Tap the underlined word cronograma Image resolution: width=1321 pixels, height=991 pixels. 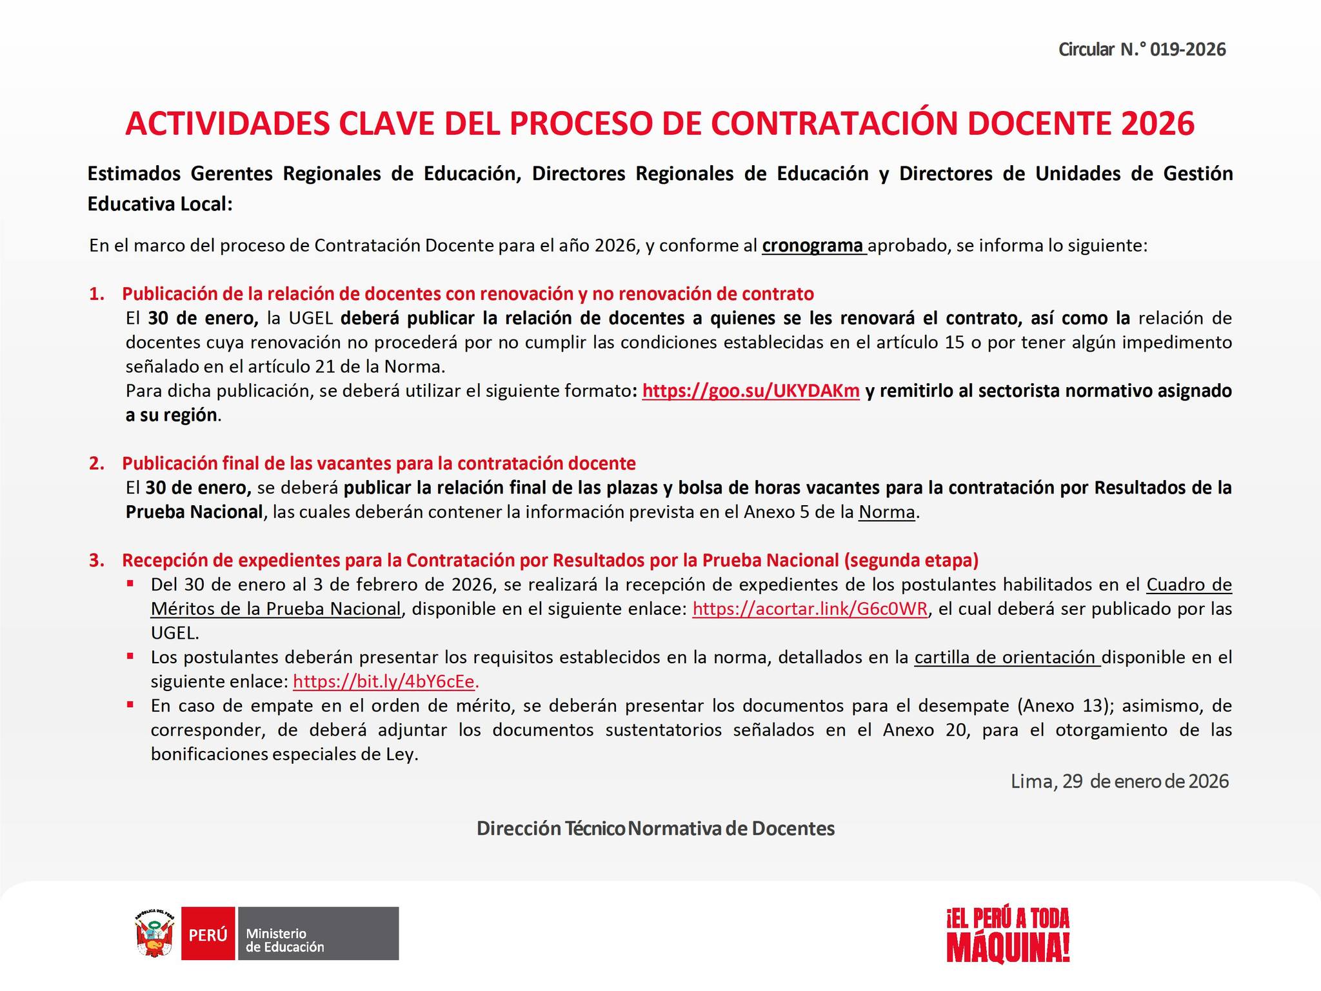(x=813, y=246)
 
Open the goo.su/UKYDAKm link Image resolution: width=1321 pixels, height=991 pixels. (x=751, y=391)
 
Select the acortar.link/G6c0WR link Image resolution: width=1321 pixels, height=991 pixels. (x=809, y=609)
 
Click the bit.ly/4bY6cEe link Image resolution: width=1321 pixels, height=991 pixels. (x=385, y=681)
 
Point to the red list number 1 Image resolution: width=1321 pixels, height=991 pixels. (x=97, y=294)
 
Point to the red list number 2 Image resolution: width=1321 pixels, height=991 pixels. (x=97, y=464)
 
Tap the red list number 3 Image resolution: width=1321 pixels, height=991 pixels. (x=97, y=561)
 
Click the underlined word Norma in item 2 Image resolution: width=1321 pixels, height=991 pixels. (x=886, y=512)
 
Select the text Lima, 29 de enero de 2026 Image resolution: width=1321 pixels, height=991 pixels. (x=1119, y=781)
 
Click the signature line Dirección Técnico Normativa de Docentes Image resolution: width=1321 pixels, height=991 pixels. (x=655, y=828)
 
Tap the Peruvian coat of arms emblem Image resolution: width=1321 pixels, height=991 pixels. (x=155, y=934)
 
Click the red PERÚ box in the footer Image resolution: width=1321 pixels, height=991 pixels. (x=208, y=934)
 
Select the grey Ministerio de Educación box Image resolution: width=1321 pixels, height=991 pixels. (x=318, y=934)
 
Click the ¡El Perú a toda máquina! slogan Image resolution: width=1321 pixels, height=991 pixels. (x=1008, y=935)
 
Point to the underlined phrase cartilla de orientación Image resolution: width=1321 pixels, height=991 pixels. (x=1007, y=657)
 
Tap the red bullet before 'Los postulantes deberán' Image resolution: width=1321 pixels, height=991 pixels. (x=131, y=656)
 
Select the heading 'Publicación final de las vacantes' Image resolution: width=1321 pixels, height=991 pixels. (x=379, y=464)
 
